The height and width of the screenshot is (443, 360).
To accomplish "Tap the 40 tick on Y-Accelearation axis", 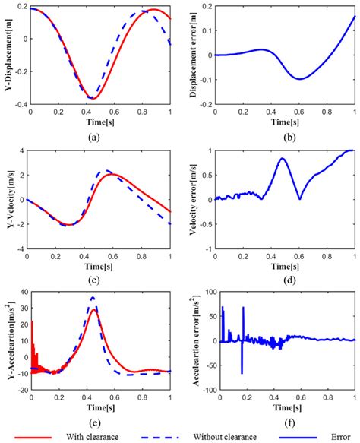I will (x=22, y=293).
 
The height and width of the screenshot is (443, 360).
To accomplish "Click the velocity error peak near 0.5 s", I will (x=282, y=158).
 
